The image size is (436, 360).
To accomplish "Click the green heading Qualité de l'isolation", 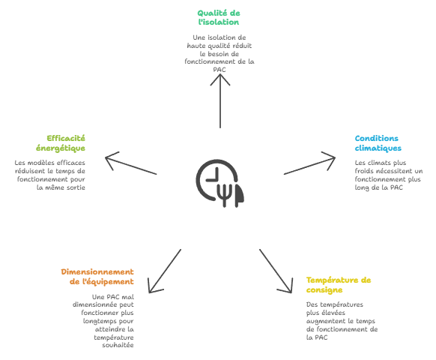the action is click(219, 17).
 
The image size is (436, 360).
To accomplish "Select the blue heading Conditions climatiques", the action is click(378, 143).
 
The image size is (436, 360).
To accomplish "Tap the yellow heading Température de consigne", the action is click(339, 285).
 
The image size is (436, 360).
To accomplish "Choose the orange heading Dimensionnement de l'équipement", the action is click(97, 277).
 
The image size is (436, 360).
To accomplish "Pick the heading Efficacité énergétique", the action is click(61, 143).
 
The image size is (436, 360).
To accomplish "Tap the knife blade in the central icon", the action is click(239, 194).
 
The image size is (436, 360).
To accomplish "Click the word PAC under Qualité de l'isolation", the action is click(219, 70).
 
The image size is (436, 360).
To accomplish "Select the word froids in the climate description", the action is click(364, 171).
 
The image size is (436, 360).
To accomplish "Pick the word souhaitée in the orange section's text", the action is click(118, 345).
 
